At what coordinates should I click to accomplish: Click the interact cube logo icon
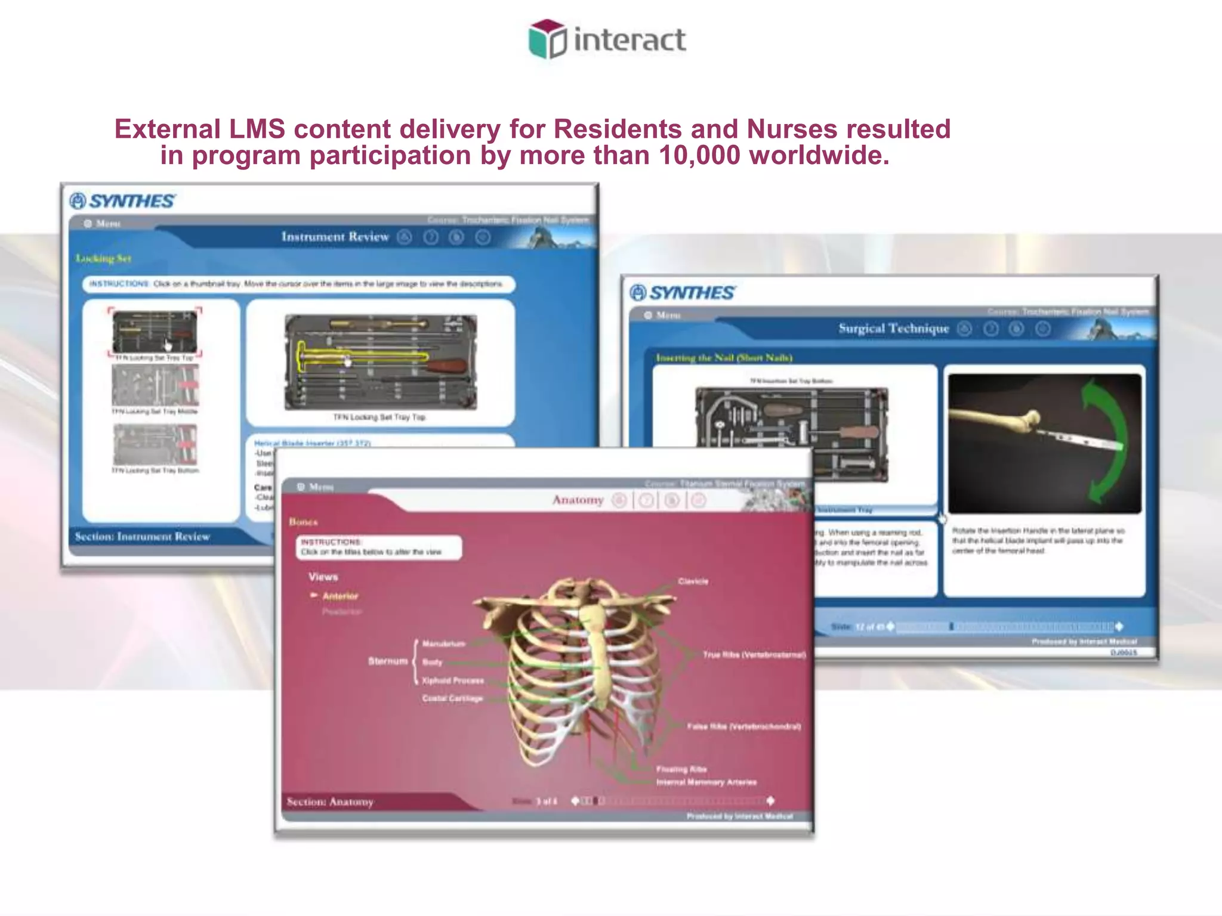(x=547, y=39)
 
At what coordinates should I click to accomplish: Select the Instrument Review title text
(x=335, y=237)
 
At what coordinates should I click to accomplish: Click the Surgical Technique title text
(x=893, y=329)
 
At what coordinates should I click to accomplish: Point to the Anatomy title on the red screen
(x=578, y=500)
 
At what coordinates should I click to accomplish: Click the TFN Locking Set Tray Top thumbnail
(x=155, y=333)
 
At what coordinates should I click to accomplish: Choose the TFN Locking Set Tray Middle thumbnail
(x=155, y=385)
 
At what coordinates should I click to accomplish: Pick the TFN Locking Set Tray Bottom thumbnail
(x=155, y=445)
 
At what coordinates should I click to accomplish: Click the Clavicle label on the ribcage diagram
(x=693, y=581)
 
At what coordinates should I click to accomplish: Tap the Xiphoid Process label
(x=452, y=680)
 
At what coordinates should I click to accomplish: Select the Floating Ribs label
(x=681, y=769)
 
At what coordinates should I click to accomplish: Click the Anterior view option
(x=340, y=596)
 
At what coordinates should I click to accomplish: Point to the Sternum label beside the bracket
(x=387, y=661)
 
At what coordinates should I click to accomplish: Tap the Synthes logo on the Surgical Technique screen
(x=683, y=293)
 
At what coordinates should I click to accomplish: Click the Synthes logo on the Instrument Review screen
(x=122, y=201)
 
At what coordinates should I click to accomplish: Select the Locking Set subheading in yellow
(x=103, y=259)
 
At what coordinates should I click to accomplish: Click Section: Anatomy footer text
(x=330, y=802)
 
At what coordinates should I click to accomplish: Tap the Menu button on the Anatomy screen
(x=316, y=487)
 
